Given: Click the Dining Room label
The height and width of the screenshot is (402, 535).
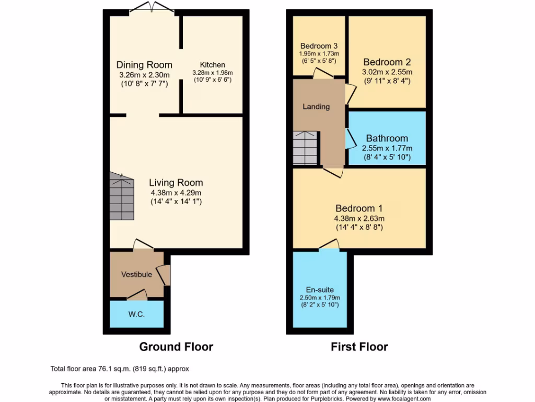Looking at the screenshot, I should click(x=144, y=65).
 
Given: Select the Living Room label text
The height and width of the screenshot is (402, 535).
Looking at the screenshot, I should click(x=176, y=183).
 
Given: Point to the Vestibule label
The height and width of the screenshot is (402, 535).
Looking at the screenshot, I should click(x=137, y=274).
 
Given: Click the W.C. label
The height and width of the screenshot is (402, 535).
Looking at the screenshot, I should click(x=136, y=315).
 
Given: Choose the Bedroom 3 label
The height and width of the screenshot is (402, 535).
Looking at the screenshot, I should click(x=319, y=46).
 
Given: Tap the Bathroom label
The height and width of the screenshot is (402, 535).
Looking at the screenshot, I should click(x=387, y=139).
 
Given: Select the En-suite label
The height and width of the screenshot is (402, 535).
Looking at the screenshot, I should click(x=320, y=289).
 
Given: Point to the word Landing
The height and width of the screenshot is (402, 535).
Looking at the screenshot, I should click(x=317, y=107).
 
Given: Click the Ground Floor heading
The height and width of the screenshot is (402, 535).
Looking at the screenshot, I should click(x=176, y=347).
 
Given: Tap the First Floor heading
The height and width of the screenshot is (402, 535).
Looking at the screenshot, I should click(x=359, y=347).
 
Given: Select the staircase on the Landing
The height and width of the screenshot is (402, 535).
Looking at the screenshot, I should click(x=305, y=147).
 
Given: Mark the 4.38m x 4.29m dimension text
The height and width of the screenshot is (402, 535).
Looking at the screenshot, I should click(x=176, y=192).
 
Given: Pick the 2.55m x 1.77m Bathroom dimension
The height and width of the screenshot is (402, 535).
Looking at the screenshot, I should click(x=387, y=148).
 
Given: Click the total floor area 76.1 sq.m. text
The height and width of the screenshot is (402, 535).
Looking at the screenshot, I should click(x=123, y=369).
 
